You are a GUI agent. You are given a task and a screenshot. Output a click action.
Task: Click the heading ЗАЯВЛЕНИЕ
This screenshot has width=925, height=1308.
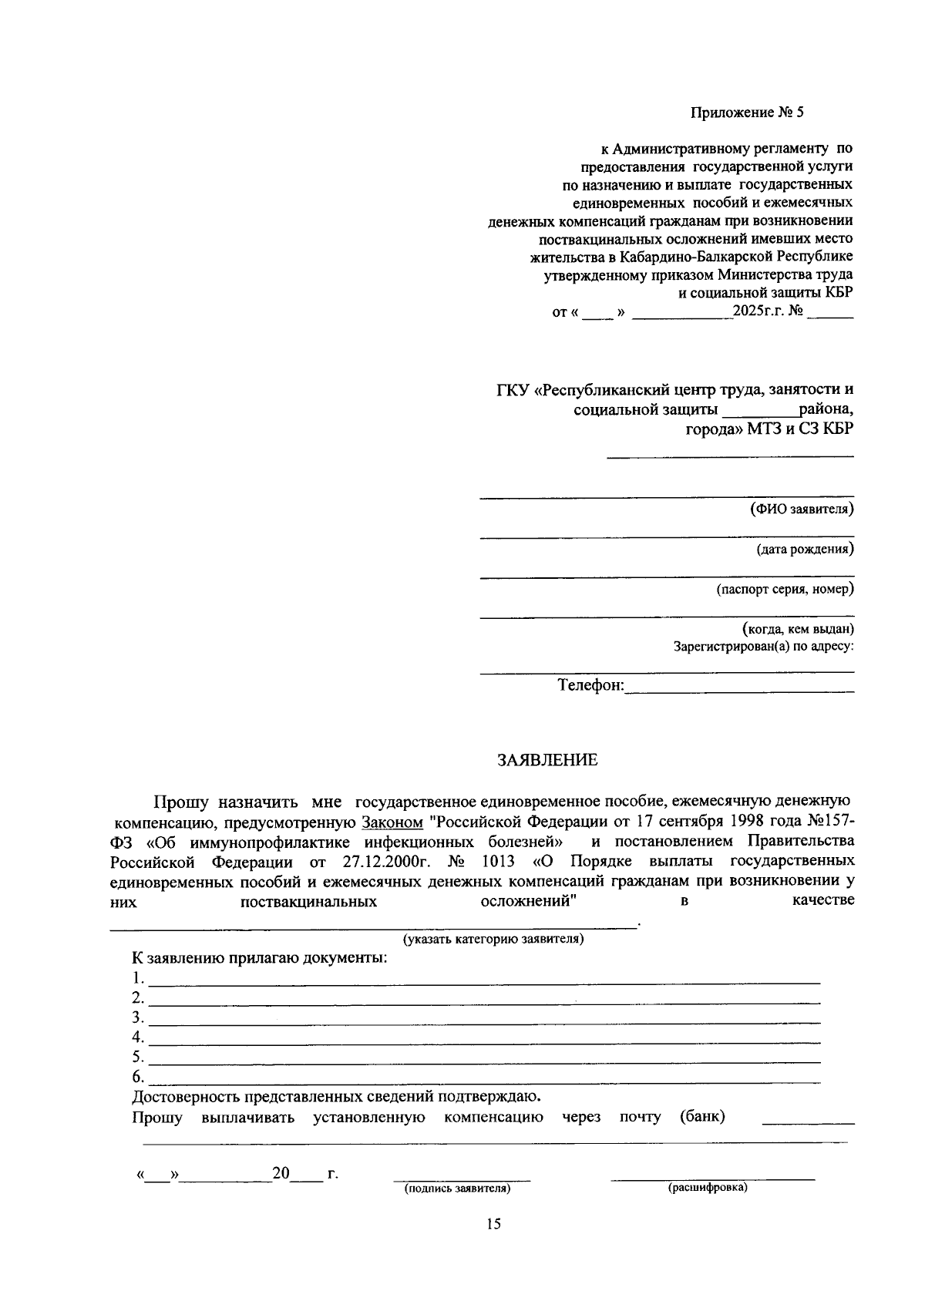click(547, 761)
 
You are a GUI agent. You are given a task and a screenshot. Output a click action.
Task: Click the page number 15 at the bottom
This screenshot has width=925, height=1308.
click(493, 1223)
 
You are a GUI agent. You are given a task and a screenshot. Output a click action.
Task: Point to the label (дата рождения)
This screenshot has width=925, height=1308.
click(805, 550)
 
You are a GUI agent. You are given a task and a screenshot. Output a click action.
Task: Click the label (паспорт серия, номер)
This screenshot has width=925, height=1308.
click(785, 590)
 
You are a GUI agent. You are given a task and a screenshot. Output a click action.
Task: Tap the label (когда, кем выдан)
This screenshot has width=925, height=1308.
click(798, 629)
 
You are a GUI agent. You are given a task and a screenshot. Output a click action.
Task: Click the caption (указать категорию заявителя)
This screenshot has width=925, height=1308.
click(493, 939)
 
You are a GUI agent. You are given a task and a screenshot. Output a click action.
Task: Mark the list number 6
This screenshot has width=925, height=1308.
click(137, 1076)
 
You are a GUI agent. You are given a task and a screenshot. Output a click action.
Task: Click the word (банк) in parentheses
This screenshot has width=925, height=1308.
click(702, 1117)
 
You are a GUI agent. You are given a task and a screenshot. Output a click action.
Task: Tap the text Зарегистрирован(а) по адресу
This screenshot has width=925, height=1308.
click(763, 646)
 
